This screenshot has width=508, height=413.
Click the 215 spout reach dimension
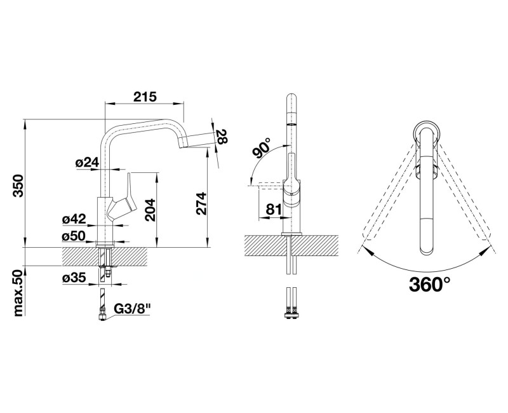(x=145, y=97)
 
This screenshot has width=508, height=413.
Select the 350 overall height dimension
(x=18, y=186)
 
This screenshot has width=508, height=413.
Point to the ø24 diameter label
(x=87, y=162)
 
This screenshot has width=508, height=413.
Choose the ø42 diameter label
(x=74, y=219)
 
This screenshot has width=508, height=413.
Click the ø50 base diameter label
(x=74, y=236)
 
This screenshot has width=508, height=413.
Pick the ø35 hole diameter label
(x=74, y=278)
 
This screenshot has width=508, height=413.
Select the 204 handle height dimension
(x=150, y=210)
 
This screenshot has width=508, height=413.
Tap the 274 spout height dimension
(x=201, y=203)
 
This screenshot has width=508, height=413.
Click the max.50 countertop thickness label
(x=19, y=293)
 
